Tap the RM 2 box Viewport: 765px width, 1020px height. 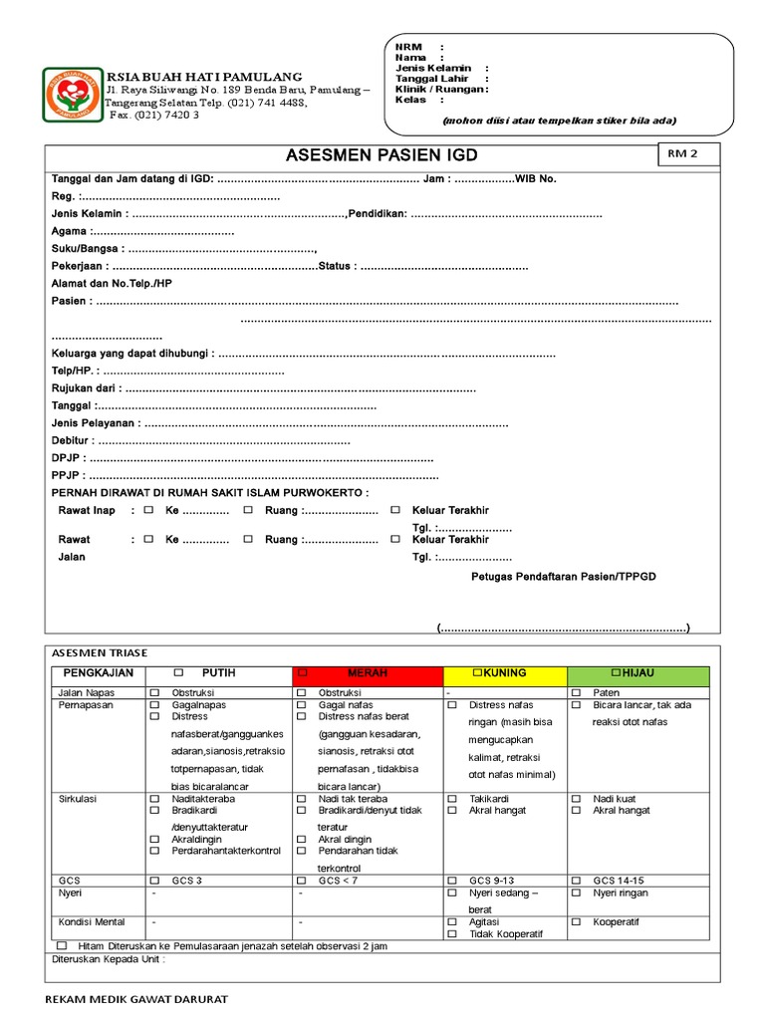click(x=686, y=154)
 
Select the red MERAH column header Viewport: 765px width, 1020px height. click(x=367, y=674)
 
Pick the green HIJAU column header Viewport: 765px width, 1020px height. click(x=637, y=674)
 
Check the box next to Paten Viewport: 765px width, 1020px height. click(x=576, y=692)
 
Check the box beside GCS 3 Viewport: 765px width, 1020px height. click(x=154, y=881)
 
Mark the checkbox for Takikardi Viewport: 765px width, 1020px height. click(x=452, y=799)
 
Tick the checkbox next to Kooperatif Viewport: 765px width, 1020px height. click(x=576, y=922)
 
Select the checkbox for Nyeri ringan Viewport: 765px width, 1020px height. click(x=576, y=893)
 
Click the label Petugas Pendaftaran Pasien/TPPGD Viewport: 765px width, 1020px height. click(x=563, y=577)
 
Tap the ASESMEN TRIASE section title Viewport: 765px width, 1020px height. click(x=99, y=652)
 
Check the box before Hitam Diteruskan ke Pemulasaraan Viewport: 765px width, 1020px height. click(x=62, y=944)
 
